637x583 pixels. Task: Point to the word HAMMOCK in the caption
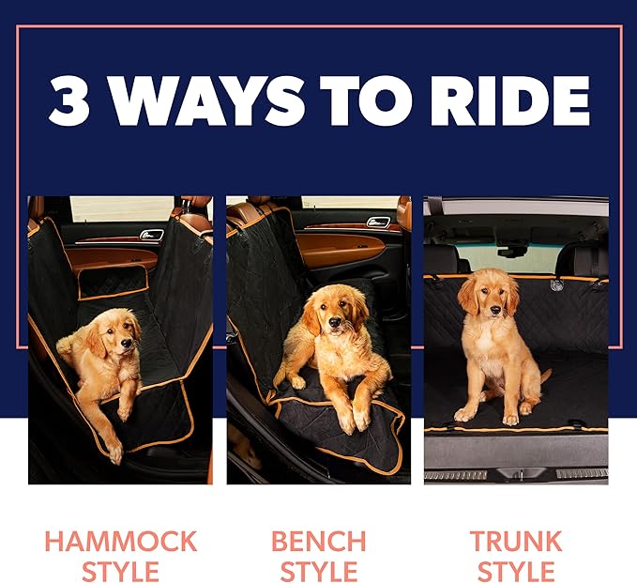click(x=120, y=542)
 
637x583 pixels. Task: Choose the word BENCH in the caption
click(x=318, y=542)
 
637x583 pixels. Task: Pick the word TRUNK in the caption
click(x=516, y=542)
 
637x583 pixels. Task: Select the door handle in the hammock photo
click(x=151, y=235)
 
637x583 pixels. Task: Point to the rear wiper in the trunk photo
click(x=511, y=251)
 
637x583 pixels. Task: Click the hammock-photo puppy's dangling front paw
click(x=114, y=453)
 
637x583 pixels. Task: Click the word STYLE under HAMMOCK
click(x=120, y=571)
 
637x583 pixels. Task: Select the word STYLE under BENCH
click(x=318, y=571)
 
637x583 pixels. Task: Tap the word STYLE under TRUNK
click(x=516, y=571)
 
